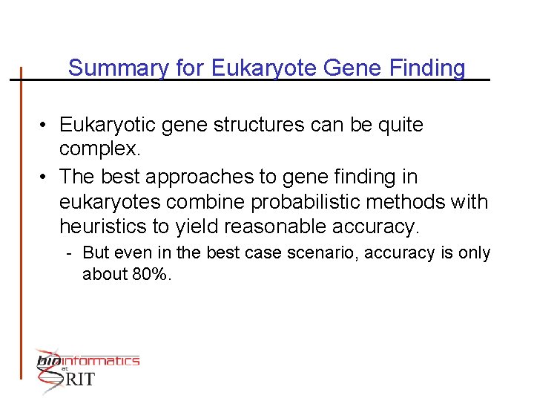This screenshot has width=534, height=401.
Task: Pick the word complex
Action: pos(99,149)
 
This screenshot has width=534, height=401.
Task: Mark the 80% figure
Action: pos(151,274)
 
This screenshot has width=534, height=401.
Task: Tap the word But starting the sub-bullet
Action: pos(96,253)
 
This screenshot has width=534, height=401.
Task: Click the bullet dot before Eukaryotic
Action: pos(45,125)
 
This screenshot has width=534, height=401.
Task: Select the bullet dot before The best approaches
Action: pos(45,177)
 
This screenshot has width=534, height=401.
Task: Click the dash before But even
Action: pos(68,253)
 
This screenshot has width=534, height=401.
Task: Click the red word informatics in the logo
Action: pos(100,361)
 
